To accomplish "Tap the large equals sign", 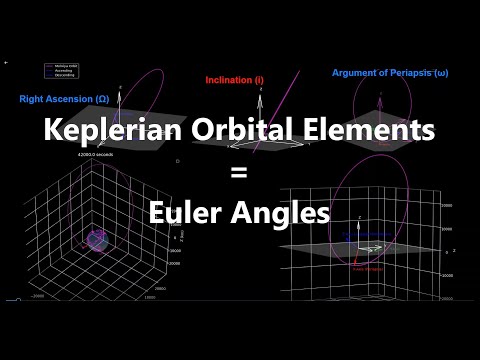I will pyautogui.click(x=239, y=172).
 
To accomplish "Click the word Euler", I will pyautogui.click(x=186, y=212).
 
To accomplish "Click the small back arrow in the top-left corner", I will pyautogui.click(x=7, y=62).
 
